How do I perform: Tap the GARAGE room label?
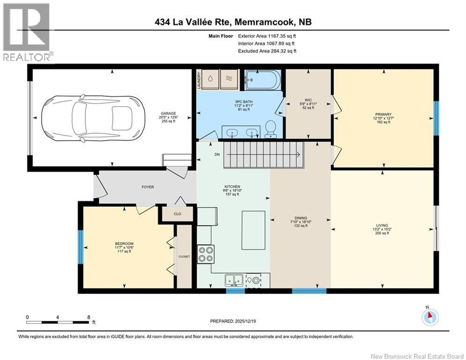coord(168,113)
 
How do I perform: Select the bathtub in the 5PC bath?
coord(262,80)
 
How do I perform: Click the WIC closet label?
coord(308,100)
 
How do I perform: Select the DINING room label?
coord(301,218)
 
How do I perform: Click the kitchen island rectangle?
coord(253,230)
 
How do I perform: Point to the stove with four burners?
coord(206,254)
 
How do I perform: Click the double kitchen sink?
coord(233,280)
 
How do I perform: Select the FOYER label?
coord(148,187)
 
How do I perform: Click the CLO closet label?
coord(177,214)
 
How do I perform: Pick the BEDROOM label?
coord(124,243)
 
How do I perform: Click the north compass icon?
coord(429,317)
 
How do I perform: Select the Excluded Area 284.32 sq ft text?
coord(267,51)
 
